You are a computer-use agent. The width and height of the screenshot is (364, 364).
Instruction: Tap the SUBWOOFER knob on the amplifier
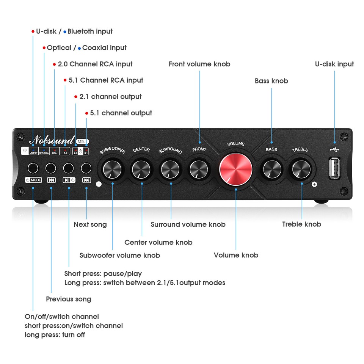coord(113,169)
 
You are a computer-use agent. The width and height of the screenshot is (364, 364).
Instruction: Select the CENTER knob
coord(142,169)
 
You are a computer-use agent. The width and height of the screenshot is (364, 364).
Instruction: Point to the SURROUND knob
coord(171,169)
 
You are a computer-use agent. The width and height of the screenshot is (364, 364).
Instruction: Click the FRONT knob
coord(199,169)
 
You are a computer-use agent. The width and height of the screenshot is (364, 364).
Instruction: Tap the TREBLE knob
coord(301,169)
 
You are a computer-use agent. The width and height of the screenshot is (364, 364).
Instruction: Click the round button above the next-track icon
coord(86,168)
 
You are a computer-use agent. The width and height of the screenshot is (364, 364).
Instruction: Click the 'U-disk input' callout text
coord(334,64)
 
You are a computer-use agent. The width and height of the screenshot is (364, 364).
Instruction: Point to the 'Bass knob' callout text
coord(271,81)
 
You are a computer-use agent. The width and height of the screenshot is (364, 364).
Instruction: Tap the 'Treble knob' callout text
coord(301,224)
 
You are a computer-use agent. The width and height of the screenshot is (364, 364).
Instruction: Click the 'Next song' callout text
coord(90,224)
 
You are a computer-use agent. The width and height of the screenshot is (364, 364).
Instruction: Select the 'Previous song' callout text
coord(69,299)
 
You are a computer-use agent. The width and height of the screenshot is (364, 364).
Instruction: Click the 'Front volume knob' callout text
coord(199,64)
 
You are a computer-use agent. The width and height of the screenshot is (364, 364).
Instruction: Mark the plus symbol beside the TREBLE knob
coord(314,184)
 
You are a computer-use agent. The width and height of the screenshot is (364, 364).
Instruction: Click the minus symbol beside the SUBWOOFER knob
coord(99,184)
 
